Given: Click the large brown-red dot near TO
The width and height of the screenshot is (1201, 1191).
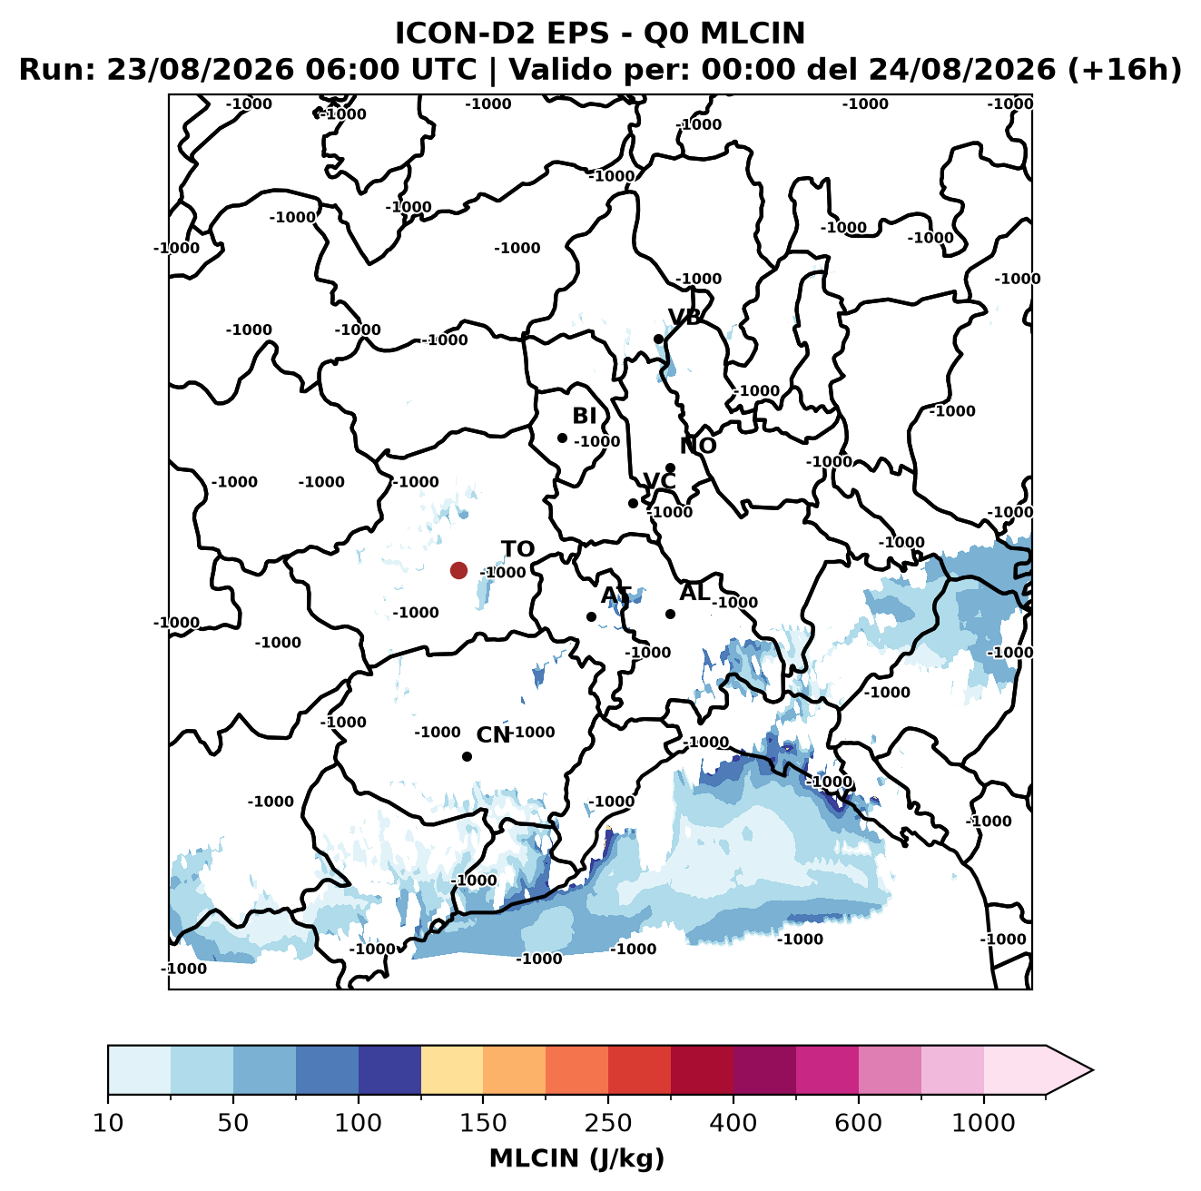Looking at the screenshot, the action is (x=458, y=570).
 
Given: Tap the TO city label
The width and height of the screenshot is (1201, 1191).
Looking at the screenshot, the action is (x=518, y=549).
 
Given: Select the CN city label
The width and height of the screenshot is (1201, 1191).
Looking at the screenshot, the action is (x=493, y=734).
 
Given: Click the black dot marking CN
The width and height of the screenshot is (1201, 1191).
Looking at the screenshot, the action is (x=467, y=756).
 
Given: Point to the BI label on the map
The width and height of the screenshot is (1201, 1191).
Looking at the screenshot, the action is (x=584, y=416).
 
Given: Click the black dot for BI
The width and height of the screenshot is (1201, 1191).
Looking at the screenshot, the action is (x=562, y=438).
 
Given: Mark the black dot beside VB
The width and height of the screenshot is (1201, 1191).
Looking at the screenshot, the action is (x=659, y=339).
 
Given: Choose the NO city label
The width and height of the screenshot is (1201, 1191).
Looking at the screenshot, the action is (x=698, y=446).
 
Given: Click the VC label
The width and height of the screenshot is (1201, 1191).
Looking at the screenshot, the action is (x=659, y=481).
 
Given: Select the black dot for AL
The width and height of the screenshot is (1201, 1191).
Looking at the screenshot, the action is (x=670, y=614).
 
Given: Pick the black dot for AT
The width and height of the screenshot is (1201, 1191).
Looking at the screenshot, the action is (x=592, y=617).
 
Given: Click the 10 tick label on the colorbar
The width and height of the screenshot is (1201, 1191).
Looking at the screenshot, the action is (x=108, y=1123).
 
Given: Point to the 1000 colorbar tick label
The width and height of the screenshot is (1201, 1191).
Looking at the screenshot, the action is (x=983, y=1123).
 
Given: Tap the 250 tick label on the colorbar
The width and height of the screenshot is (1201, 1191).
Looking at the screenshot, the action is (x=608, y=1123).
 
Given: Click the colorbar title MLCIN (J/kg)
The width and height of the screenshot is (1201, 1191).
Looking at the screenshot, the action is (x=576, y=1158).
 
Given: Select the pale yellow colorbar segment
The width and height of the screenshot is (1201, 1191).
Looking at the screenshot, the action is (x=452, y=1070).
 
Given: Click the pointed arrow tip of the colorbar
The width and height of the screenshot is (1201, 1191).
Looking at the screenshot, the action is (x=1093, y=1070).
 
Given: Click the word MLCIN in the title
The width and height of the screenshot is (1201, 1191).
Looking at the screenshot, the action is (x=753, y=33).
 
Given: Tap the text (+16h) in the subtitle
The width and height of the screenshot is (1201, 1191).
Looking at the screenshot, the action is (x=1125, y=70).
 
